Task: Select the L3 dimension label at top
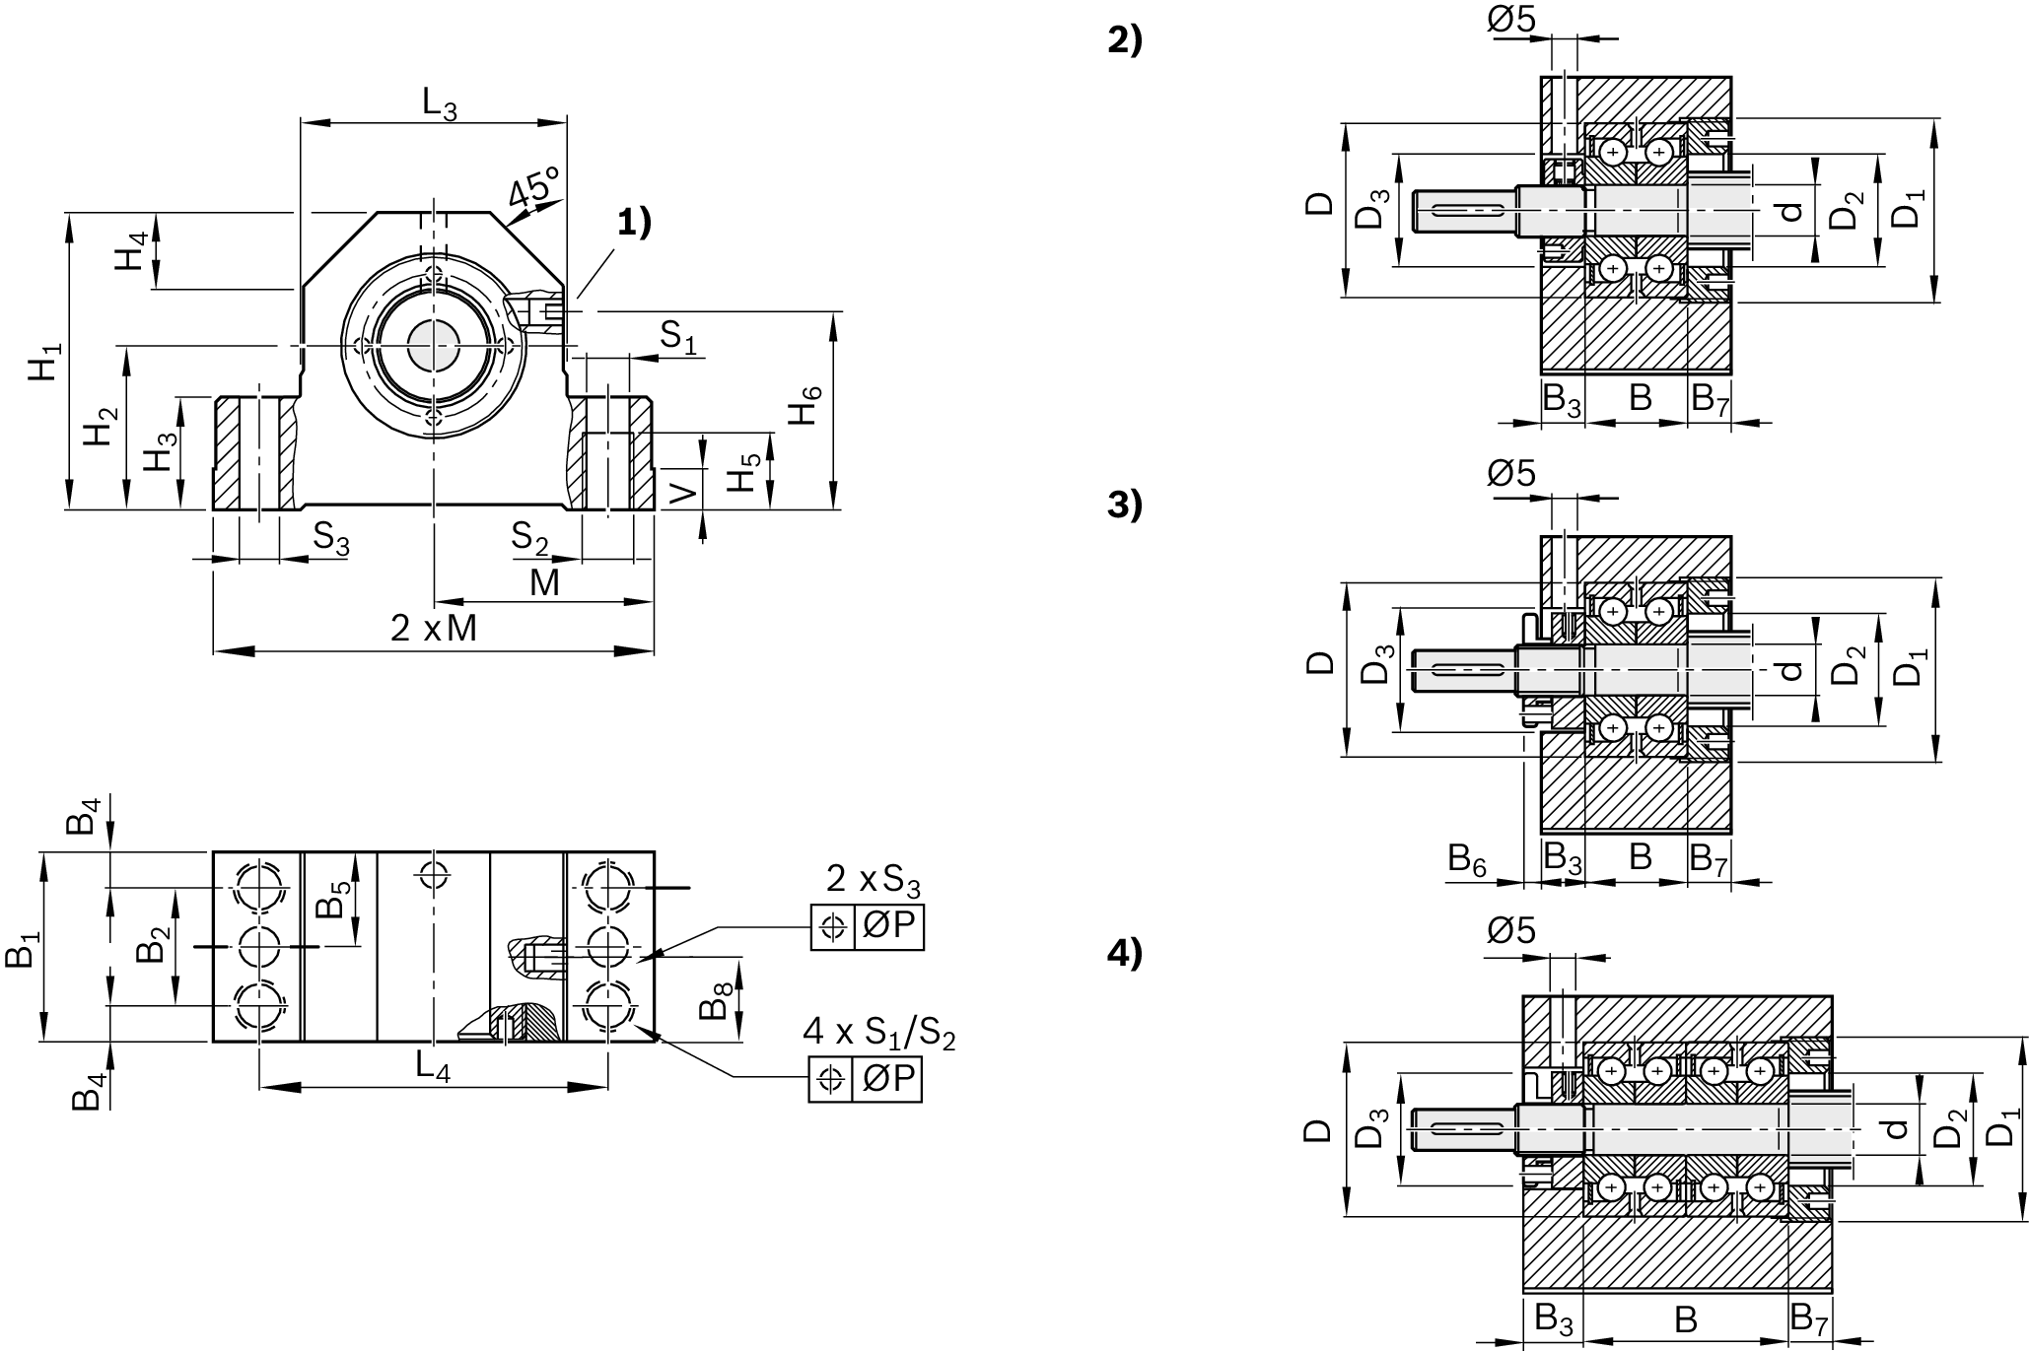click(440, 103)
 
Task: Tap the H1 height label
click(45, 362)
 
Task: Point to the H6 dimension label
click(805, 406)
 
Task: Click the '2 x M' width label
click(434, 629)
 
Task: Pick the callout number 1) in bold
click(635, 223)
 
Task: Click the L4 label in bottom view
click(433, 1066)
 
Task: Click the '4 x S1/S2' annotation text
click(879, 1033)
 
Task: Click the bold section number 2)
click(1125, 41)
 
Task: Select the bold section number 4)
click(1125, 954)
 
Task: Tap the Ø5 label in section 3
click(1511, 474)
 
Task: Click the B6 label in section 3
click(1467, 859)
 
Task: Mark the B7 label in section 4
click(1809, 1317)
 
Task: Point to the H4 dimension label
click(132, 251)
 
